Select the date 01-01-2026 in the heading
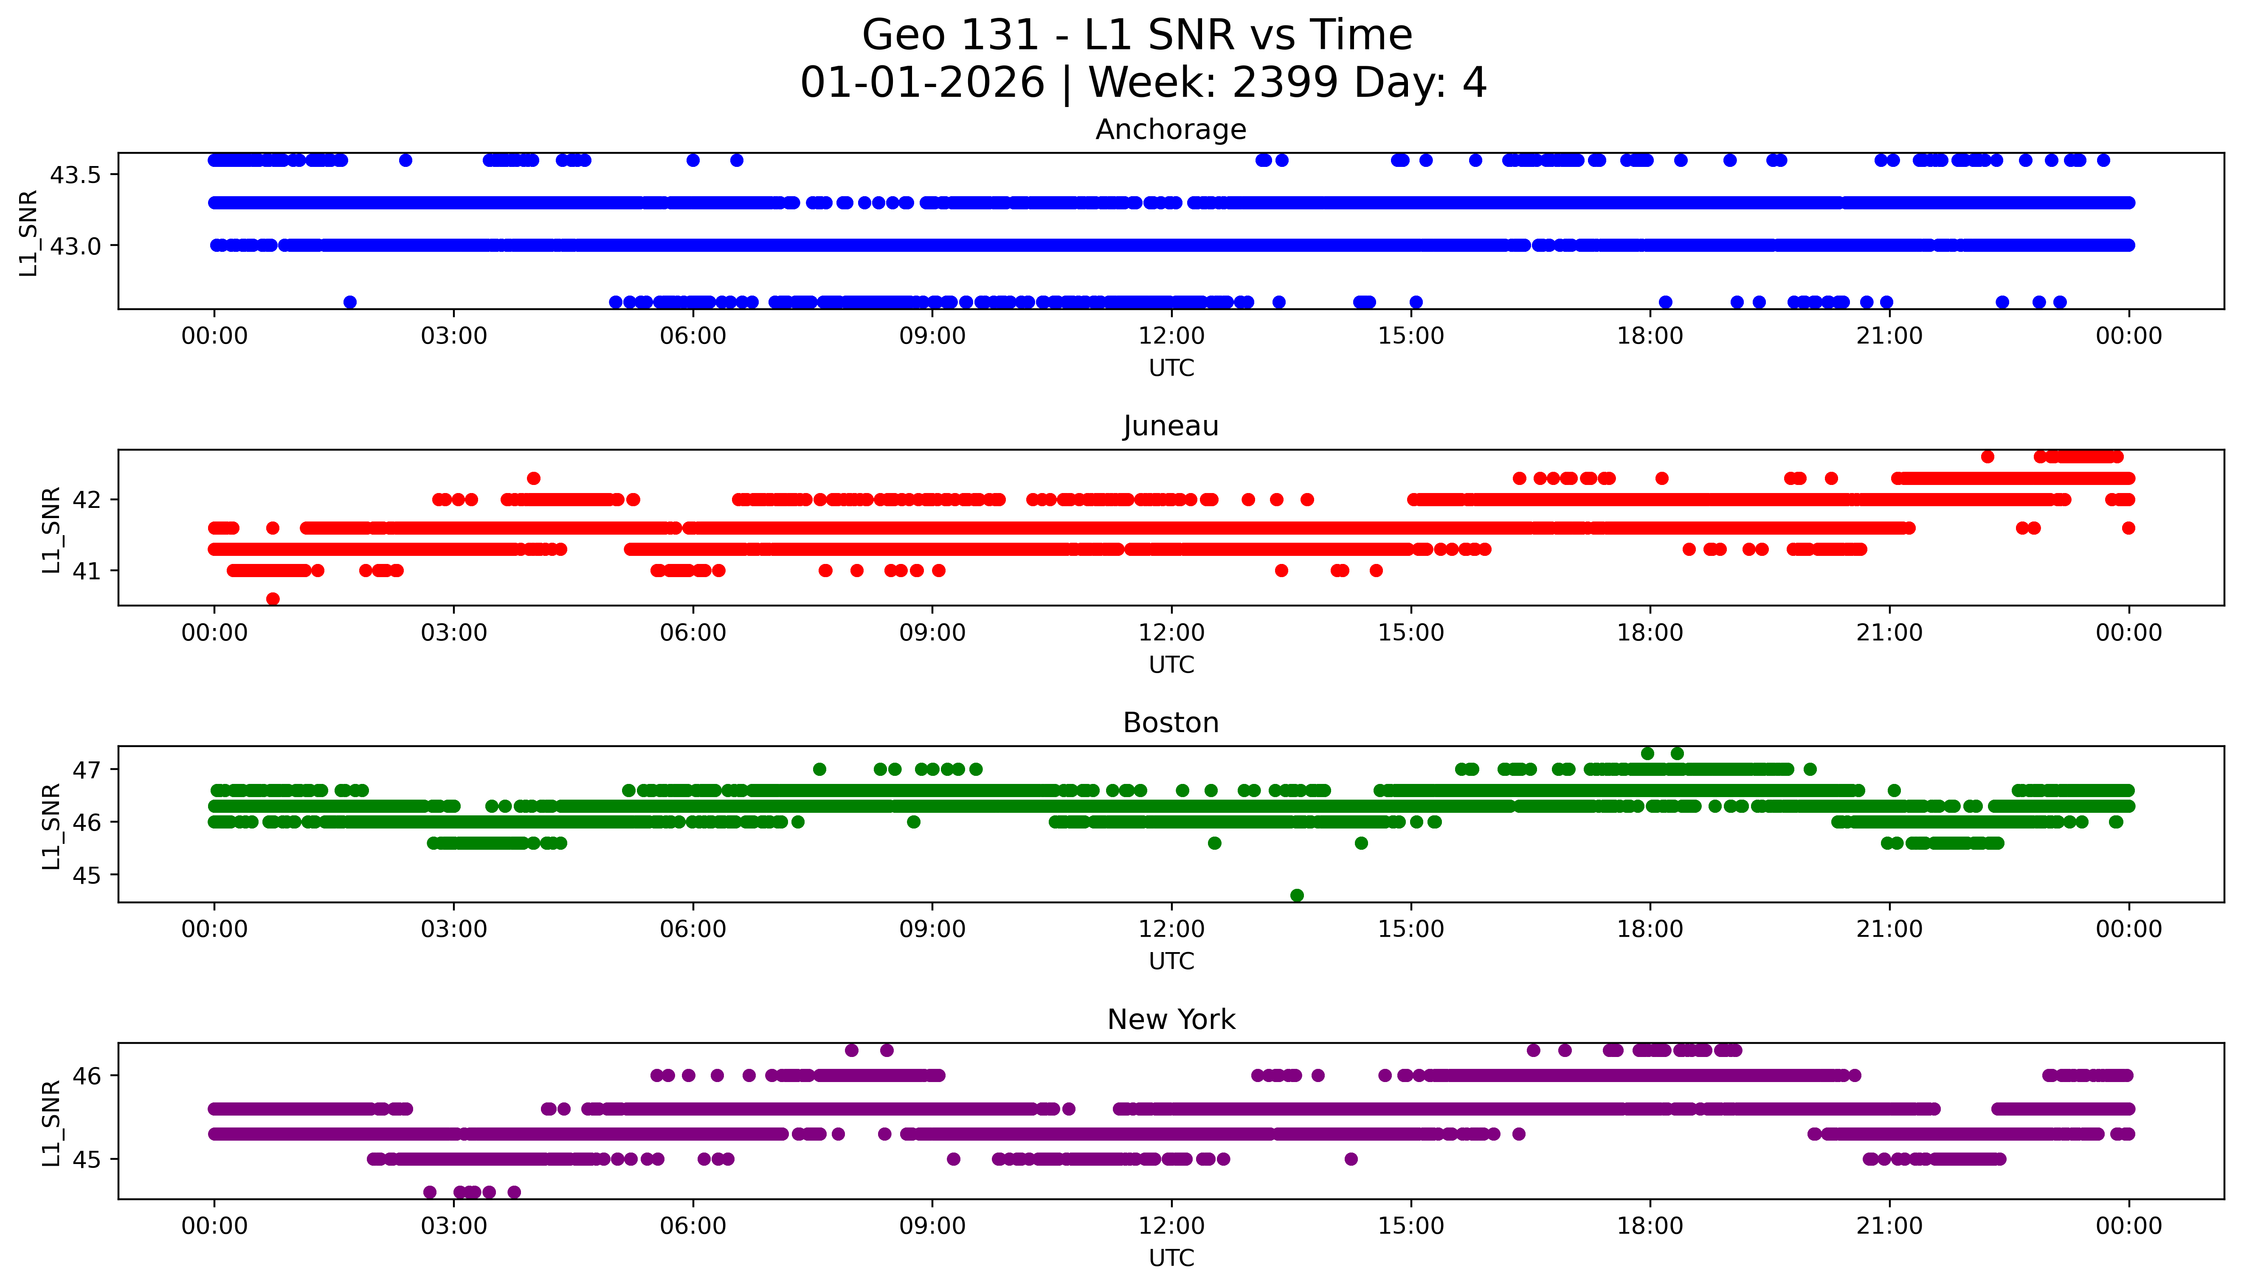(922, 83)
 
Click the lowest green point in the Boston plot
(1296, 895)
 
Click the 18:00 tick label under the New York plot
(1650, 1226)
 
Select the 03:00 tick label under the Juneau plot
(454, 632)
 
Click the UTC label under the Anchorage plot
(1171, 368)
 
